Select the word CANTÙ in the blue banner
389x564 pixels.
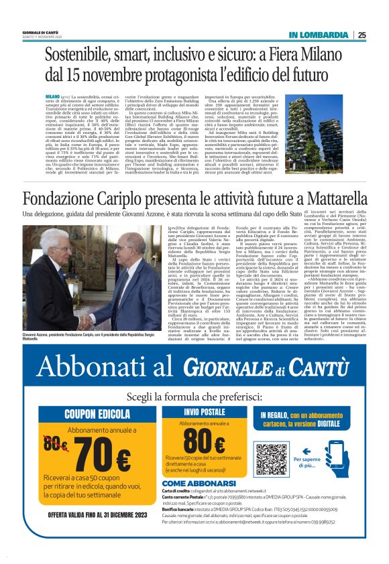(x=317, y=368)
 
